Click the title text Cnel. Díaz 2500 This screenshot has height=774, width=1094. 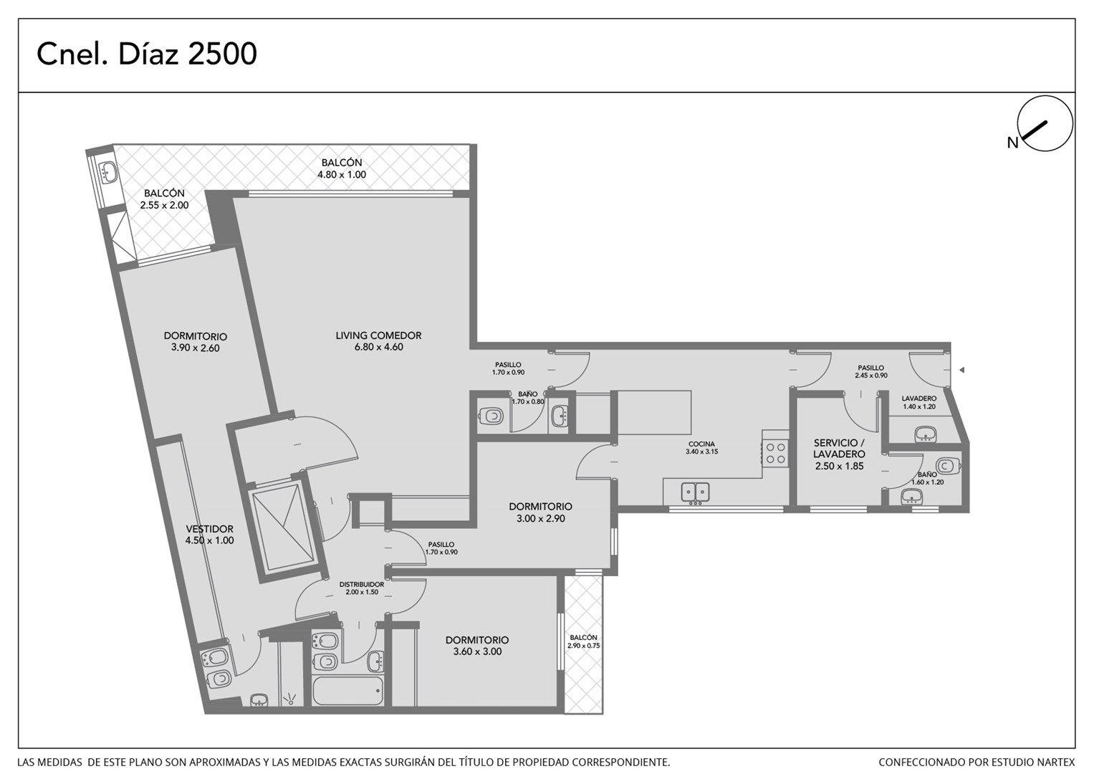click(147, 54)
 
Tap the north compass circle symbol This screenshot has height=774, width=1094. click(1045, 123)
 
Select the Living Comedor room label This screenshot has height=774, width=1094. click(378, 335)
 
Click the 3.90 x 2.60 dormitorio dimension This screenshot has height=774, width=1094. click(196, 348)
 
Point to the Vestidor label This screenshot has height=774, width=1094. click(209, 529)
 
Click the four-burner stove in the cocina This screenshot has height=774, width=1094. click(776, 453)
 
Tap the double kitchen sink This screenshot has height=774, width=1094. click(696, 492)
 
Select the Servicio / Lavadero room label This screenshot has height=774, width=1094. click(839, 449)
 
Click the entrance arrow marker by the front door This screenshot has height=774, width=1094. click(961, 370)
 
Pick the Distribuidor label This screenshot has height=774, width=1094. click(361, 584)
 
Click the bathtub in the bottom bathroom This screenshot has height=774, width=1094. click(347, 690)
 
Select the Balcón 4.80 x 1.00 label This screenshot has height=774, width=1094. click(342, 168)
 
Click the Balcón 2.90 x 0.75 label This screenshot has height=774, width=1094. click(584, 641)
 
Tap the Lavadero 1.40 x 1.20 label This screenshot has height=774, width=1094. click(919, 402)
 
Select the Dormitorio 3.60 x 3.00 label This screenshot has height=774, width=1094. click(477, 646)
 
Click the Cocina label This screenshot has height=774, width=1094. click(702, 444)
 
